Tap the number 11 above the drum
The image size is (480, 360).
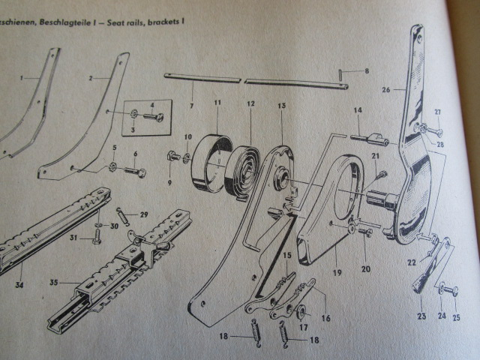[217, 102]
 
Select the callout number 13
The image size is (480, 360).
[281, 107]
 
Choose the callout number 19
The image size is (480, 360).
[337, 272]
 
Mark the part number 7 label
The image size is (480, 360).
[191, 106]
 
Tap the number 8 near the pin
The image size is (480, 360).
[366, 71]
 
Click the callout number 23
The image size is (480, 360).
[422, 316]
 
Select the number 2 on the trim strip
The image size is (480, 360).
[90, 78]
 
